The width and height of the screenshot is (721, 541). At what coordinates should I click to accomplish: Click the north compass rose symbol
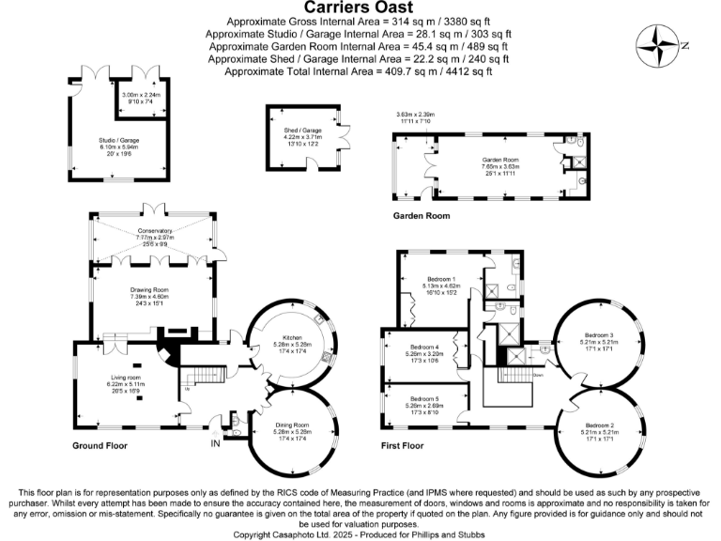point(660,44)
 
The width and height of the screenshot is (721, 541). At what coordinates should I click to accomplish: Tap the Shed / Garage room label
point(302,131)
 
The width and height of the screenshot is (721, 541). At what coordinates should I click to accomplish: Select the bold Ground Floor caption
point(100,445)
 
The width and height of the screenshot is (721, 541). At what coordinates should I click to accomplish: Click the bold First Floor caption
point(405,445)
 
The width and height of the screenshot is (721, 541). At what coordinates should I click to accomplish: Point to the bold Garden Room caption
point(421,216)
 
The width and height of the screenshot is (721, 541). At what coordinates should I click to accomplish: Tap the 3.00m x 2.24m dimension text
point(141,94)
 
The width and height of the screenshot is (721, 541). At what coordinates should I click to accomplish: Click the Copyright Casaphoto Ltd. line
point(360,533)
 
